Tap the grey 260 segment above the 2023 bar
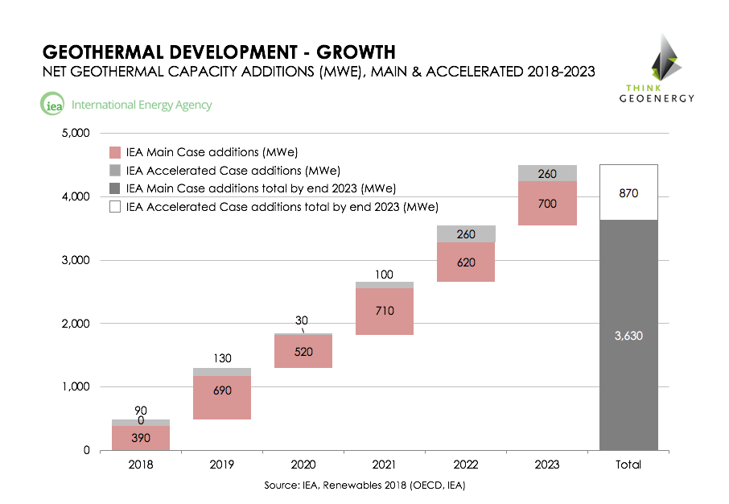[548, 173]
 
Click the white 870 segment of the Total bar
[628, 193]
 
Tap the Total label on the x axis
[628, 465]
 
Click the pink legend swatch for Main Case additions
[115, 152]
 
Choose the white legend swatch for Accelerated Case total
[115, 207]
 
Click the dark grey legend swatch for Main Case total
[115, 188]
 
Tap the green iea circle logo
[51, 105]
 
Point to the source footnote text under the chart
[364, 485]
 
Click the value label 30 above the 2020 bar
[302, 320]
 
